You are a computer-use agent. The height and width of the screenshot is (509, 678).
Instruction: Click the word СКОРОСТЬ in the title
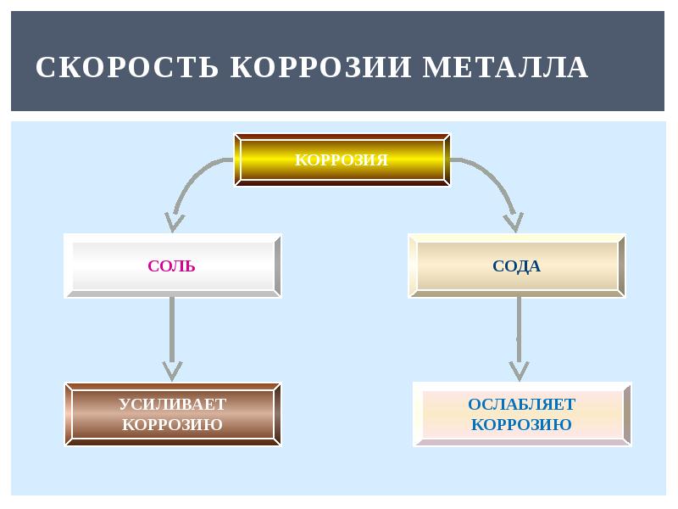127,68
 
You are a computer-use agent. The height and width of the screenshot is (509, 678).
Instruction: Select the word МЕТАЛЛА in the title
505,68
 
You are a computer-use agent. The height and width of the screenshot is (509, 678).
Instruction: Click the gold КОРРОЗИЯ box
342,159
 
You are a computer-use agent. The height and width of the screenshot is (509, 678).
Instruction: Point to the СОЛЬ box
172,266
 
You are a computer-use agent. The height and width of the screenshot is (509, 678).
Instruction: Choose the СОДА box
516,266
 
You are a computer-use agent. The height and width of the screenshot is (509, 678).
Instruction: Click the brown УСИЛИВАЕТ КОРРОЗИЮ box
172,414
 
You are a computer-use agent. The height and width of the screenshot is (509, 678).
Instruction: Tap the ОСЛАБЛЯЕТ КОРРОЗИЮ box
522,414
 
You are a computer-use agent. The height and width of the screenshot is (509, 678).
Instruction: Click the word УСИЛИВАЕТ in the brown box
172,404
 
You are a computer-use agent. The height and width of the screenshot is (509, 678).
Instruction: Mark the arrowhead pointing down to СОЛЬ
175,222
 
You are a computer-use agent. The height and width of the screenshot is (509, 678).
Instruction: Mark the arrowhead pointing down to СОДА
512,222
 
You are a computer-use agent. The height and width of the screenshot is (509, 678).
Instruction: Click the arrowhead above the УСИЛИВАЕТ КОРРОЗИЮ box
172,371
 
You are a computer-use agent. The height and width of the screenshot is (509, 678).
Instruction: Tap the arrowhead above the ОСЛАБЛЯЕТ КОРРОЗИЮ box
519,370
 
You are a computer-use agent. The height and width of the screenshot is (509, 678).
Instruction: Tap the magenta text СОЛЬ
172,266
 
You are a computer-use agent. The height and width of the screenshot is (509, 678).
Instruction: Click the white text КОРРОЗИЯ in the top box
342,159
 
